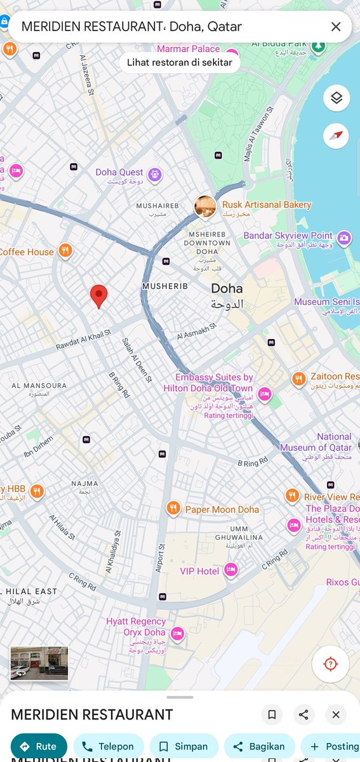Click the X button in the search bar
(336, 27)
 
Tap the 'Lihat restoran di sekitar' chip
(180, 62)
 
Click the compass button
(337, 135)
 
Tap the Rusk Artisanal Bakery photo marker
(205, 206)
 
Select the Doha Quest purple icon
(155, 174)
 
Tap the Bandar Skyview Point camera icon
(343, 238)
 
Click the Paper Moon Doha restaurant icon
(173, 508)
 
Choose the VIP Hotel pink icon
(231, 570)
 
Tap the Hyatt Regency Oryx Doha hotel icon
(178, 633)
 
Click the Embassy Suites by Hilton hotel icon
(264, 394)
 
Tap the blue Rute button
(39, 746)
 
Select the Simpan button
(182, 746)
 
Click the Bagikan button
(258, 746)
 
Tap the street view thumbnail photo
(39, 664)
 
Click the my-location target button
(330, 664)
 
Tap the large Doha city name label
(227, 289)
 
